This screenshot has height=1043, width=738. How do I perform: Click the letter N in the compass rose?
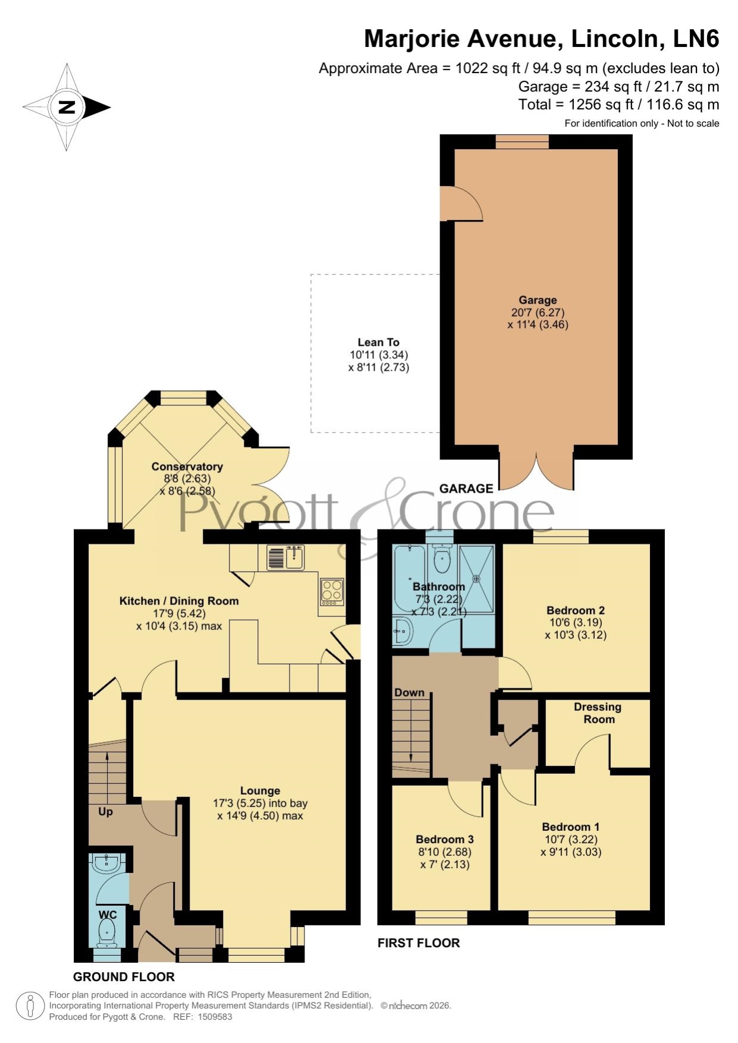(67, 108)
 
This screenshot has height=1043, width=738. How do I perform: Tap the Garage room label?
(538, 300)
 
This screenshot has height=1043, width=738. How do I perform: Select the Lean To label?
(378, 342)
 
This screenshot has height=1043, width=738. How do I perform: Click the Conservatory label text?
(187, 467)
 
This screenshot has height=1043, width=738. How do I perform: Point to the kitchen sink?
(285, 558)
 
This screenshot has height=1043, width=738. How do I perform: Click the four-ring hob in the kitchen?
(332, 591)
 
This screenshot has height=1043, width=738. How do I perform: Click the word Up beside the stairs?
(105, 812)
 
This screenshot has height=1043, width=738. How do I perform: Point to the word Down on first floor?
(409, 692)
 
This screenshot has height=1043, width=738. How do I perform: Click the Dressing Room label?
(598, 713)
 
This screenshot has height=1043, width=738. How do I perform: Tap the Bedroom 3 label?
(445, 839)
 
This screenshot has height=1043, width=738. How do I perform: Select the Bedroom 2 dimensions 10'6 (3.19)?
(576, 623)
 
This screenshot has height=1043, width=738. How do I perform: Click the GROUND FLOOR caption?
(124, 977)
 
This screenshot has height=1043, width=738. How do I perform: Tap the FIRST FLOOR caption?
(419, 943)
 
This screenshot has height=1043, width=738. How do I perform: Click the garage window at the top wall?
(523, 141)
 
